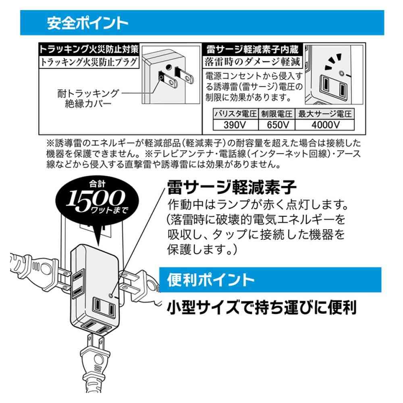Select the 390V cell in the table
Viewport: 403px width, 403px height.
tap(235, 125)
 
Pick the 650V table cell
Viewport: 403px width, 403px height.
tap(278, 125)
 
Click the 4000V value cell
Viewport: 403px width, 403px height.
tap(325, 125)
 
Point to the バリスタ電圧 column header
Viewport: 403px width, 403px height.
tap(235, 114)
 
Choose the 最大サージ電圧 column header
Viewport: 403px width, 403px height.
tap(325, 114)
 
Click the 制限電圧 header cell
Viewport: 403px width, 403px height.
tap(278, 114)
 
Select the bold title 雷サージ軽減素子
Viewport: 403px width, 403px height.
tap(232, 187)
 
